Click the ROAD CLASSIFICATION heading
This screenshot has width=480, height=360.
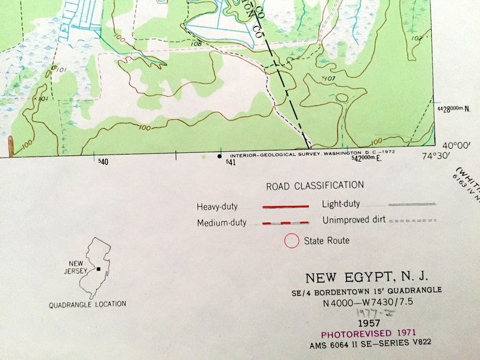(315, 185)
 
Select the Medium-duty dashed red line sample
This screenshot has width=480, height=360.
(285, 223)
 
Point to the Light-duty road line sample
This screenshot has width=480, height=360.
(412, 205)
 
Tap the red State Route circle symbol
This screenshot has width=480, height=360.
(292, 240)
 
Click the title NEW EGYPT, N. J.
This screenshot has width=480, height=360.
(366, 278)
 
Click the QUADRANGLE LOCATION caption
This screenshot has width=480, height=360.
(88, 304)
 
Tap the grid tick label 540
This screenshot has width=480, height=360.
(103, 162)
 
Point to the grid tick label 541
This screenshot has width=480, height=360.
(230, 162)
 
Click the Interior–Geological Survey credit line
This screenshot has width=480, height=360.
(313, 152)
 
